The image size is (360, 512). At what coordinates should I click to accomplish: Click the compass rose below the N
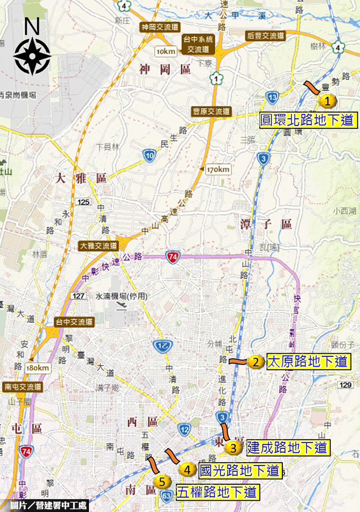32,56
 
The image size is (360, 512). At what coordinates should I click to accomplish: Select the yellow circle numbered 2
256,362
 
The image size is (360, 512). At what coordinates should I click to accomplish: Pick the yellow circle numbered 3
233,447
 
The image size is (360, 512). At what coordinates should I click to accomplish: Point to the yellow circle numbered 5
163,482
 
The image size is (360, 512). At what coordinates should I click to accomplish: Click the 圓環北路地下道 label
308,120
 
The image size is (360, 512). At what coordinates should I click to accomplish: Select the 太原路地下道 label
308,361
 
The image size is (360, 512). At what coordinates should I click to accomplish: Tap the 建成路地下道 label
287,447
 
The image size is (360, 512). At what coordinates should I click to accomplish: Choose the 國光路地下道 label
239,470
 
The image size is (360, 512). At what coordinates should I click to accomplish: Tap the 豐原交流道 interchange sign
211,112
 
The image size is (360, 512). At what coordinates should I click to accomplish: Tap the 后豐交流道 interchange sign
265,36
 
